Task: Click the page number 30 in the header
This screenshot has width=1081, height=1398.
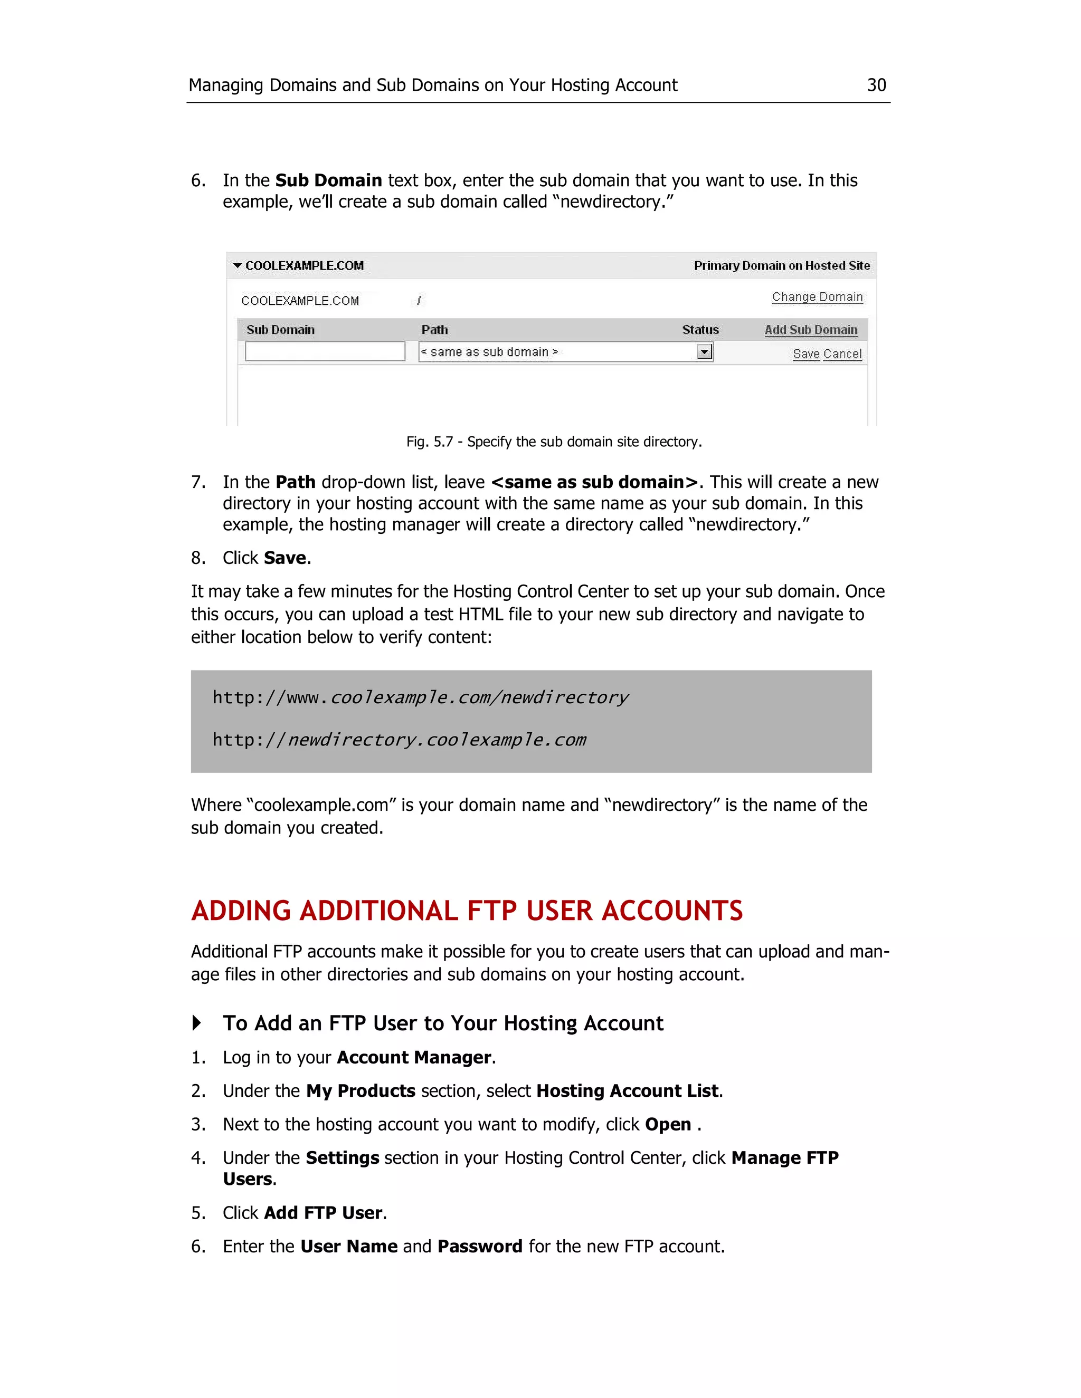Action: [x=876, y=85]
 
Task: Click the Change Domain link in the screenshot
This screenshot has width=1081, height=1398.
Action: [x=817, y=297]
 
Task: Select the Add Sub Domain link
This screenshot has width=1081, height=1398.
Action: [x=810, y=330]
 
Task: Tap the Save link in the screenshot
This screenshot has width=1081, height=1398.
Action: [x=805, y=354]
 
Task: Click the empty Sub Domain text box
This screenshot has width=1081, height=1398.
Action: [x=325, y=351]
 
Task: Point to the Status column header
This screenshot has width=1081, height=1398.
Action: [x=700, y=330]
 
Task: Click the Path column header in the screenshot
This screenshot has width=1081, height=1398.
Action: [x=434, y=330]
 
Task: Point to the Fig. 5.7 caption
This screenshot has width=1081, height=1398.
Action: [x=554, y=442]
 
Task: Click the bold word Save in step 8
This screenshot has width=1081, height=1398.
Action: [x=285, y=558]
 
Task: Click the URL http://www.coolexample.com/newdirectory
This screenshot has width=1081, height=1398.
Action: [x=420, y=697]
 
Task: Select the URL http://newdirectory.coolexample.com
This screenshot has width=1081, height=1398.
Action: [x=399, y=740]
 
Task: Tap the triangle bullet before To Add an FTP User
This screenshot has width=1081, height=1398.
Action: [x=196, y=1023]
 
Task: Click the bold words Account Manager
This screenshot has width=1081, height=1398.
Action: [x=414, y=1057]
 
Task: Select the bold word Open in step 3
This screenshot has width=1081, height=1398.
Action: [x=667, y=1125]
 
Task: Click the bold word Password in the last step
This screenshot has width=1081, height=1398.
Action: [x=480, y=1246]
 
